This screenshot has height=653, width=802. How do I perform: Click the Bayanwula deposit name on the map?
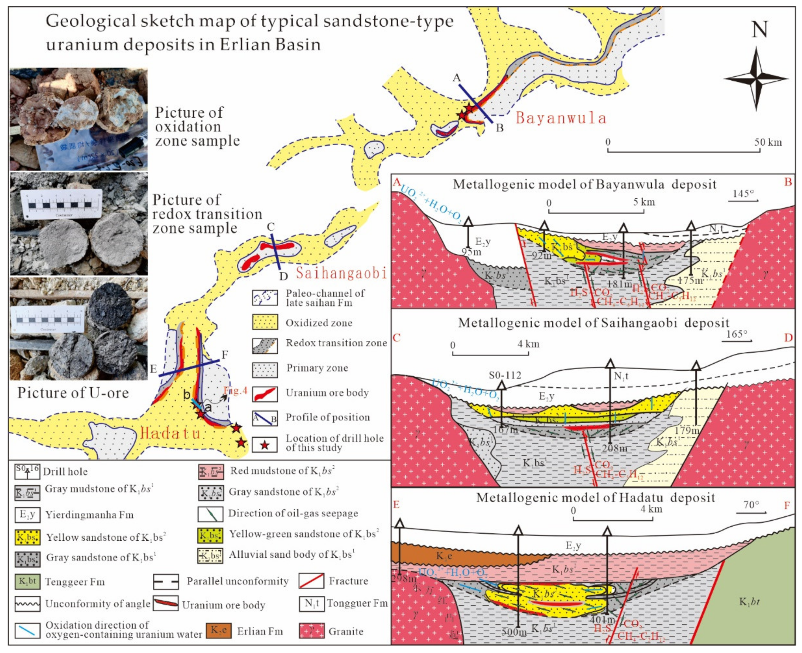(x=561, y=118)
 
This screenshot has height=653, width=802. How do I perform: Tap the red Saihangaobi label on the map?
(x=341, y=273)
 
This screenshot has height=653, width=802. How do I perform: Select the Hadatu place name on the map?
(x=170, y=434)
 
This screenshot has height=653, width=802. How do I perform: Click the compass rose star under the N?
(x=756, y=79)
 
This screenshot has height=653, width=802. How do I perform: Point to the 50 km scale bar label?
(x=768, y=142)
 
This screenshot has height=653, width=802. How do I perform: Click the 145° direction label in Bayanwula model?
(x=743, y=194)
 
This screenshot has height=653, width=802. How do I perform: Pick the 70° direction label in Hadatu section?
(x=751, y=504)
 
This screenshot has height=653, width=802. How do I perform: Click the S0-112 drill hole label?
(x=505, y=375)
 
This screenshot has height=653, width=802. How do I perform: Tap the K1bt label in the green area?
(x=749, y=602)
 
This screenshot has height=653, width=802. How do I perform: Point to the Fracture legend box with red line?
(x=311, y=581)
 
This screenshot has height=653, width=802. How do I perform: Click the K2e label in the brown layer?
(x=444, y=556)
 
